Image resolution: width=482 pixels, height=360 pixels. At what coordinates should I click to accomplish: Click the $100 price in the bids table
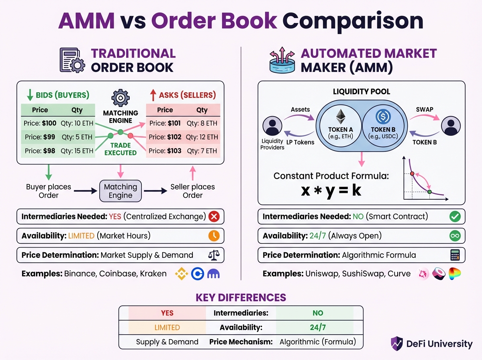point(49,123)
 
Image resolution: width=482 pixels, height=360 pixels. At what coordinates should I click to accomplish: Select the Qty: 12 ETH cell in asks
point(202,137)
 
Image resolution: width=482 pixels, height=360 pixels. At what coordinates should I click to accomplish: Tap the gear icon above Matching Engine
point(120,98)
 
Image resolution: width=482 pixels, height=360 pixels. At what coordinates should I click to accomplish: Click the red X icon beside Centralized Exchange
point(214,217)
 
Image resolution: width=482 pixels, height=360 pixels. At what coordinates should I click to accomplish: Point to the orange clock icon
point(214,236)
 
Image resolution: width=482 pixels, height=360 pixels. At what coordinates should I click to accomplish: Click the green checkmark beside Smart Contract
point(455,217)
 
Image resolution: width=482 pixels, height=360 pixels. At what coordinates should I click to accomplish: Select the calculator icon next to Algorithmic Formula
point(455,255)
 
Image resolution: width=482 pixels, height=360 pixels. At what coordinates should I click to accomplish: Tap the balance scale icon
point(214,255)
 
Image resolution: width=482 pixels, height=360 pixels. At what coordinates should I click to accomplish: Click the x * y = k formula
point(331,190)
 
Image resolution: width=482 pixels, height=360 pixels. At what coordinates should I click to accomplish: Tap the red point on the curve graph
point(412,174)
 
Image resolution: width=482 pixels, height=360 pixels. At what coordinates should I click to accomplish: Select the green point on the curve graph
point(430,192)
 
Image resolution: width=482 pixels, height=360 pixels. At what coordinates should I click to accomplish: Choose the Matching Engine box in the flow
point(120,191)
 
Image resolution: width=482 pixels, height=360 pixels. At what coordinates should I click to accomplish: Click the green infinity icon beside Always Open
point(455,236)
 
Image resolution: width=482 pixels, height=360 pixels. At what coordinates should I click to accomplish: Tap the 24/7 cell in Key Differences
point(317,327)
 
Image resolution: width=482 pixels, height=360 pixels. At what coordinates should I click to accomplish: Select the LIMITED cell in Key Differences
point(167,327)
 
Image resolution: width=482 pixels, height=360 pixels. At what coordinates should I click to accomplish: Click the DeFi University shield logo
point(397,344)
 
